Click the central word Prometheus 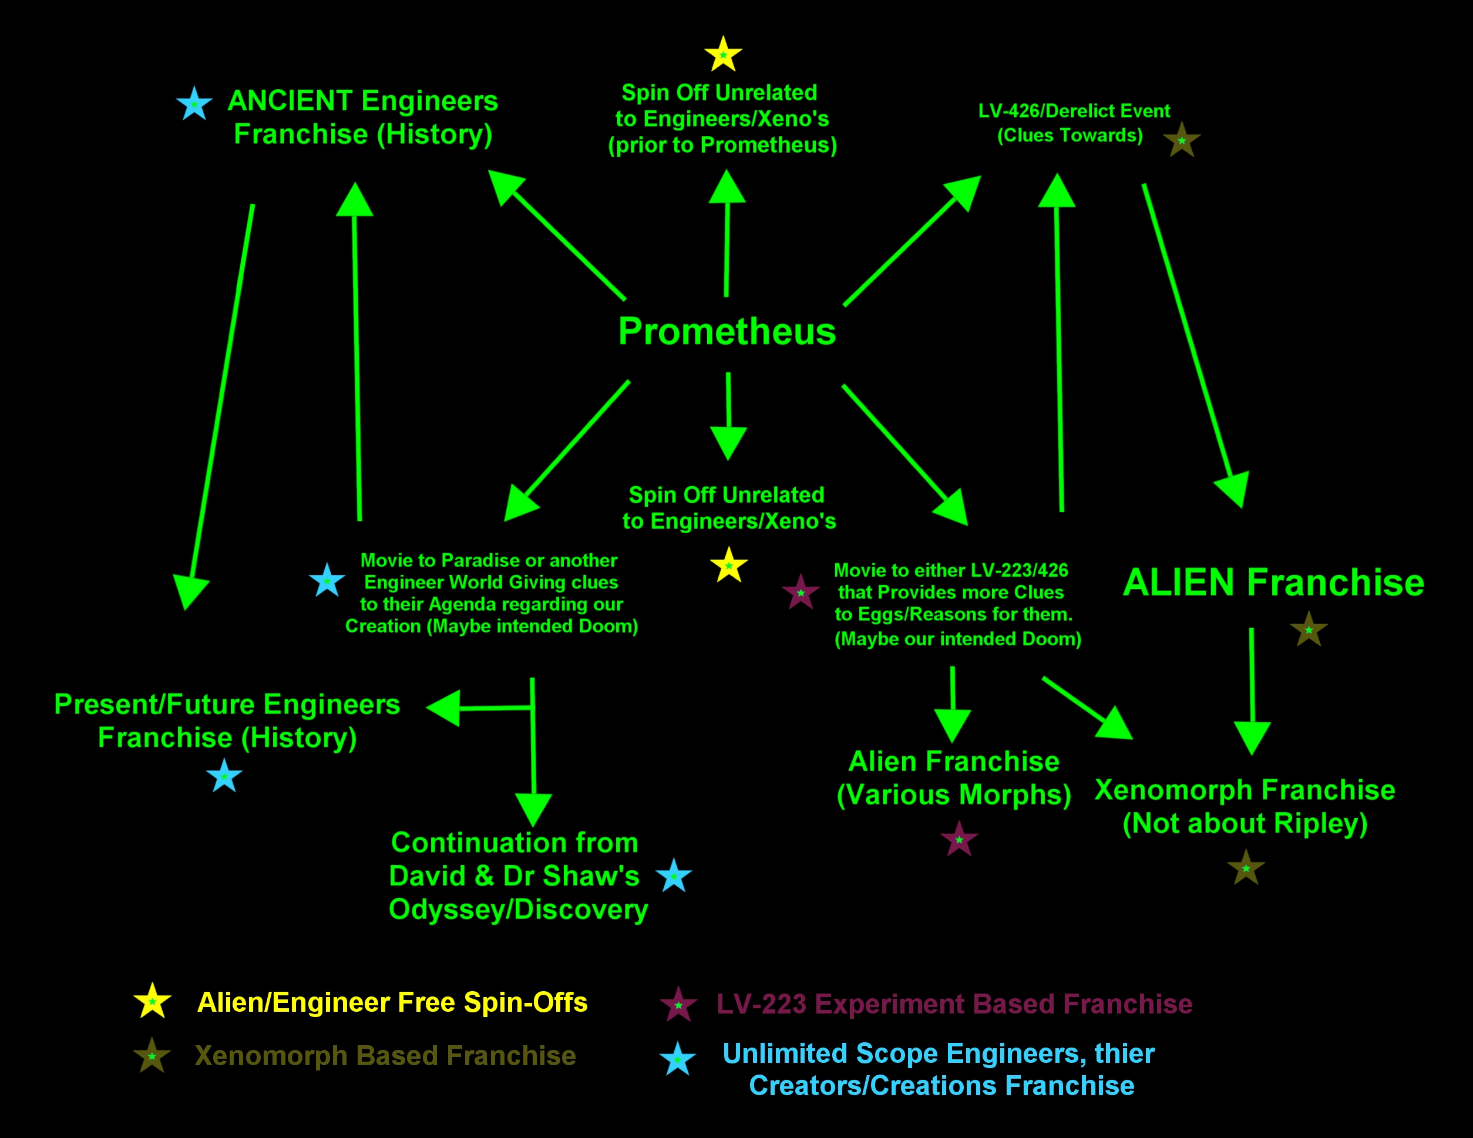click(727, 332)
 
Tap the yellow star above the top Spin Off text click(723, 55)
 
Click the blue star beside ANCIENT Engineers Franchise click(194, 105)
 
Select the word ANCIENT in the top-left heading click(291, 101)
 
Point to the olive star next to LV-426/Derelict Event click(1182, 140)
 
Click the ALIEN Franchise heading click(1273, 583)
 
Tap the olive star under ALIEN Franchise click(1309, 629)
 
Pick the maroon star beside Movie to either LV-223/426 click(801, 592)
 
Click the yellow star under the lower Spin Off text click(728, 565)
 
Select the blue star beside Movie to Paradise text click(327, 581)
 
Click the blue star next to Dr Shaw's click(673, 876)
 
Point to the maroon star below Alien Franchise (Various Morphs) click(959, 839)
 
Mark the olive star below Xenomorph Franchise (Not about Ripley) click(1246, 868)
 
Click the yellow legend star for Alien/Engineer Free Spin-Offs click(153, 1001)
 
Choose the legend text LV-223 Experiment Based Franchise click(954, 1005)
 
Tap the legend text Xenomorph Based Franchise click(385, 1056)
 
